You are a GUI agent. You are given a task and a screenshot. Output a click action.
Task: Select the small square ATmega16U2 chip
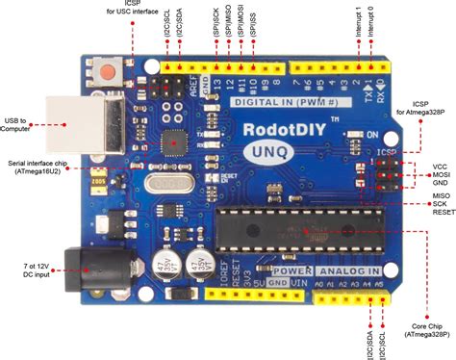tap(174, 142)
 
